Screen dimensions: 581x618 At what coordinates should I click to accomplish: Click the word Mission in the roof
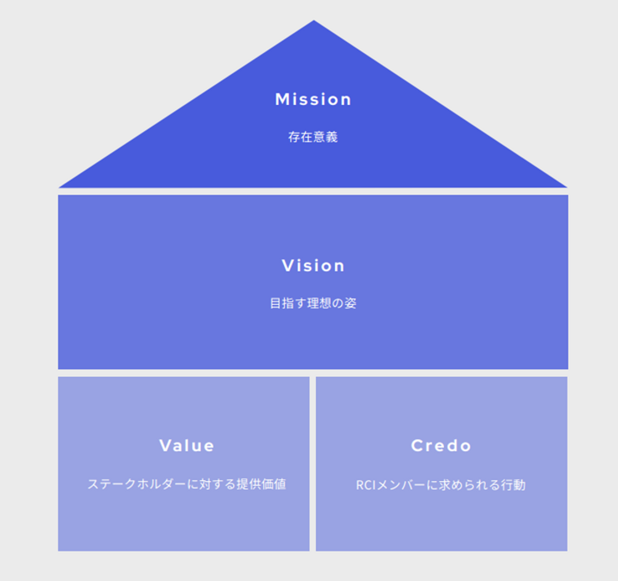pyautogui.click(x=313, y=100)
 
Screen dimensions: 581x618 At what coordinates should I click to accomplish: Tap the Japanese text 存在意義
pyautogui.click(x=313, y=137)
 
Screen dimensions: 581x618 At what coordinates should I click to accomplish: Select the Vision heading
pyautogui.click(x=313, y=266)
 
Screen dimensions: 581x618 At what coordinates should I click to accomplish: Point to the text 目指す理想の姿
pyautogui.click(x=313, y=303)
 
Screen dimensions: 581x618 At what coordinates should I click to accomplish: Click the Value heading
pyautogui.click(x=187, y=446)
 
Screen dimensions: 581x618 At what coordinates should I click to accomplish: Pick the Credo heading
pyautogui.click(x=441, y=446)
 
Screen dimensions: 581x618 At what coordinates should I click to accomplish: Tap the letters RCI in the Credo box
pyautogui.click(x=366, y=485)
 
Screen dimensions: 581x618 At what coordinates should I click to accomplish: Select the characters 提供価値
pyautogui.click(x=261, y=484)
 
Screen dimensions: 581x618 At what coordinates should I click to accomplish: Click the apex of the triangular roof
pyautogui.click(x=314, y=21)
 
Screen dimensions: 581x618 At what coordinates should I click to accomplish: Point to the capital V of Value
pyautogui.click(x=165, y=446)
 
